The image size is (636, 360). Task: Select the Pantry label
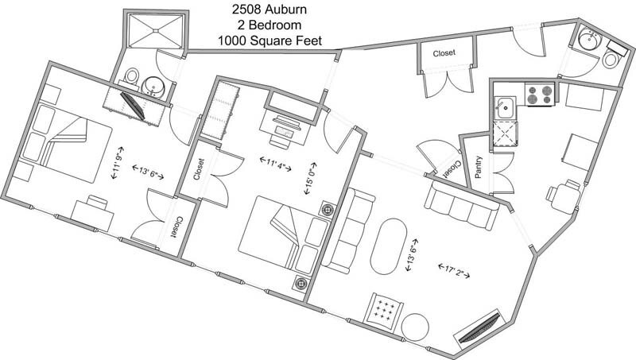pos(479,165)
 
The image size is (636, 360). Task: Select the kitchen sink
pos(503,105)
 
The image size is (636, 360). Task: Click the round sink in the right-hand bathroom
pos(589,41)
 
